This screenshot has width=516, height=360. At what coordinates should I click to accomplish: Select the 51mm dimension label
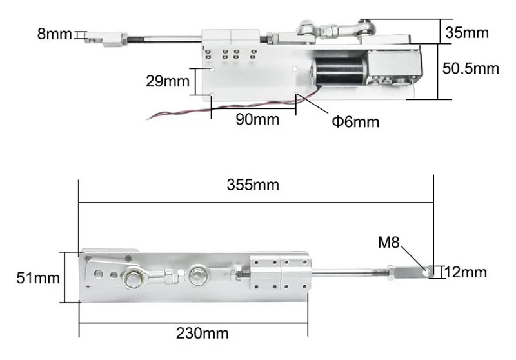39,278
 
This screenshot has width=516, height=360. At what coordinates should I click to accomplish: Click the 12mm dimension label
466,273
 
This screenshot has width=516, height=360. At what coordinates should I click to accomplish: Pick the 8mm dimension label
55,34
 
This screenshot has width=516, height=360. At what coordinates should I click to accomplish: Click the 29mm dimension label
166,82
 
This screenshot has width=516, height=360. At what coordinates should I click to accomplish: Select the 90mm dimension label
253,119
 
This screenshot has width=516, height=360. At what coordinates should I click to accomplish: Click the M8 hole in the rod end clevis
426,273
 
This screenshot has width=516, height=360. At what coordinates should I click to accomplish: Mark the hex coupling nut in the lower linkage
170,278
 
